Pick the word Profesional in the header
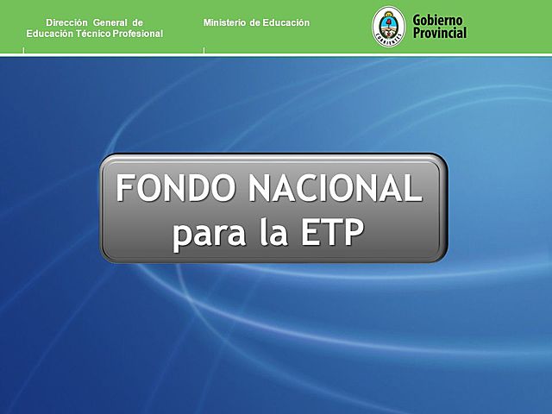(137, 33)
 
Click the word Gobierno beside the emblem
(439, 20)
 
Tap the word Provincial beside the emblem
(439, 33)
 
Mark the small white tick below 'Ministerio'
(204, 51)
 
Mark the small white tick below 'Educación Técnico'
(24, 51)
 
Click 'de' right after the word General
(138, 22)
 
